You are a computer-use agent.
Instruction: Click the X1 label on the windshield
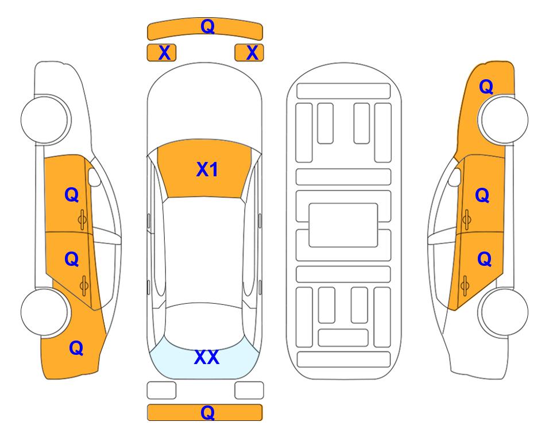click(207, 169)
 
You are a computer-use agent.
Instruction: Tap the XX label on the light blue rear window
click(207, 357)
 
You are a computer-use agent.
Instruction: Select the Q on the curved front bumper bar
click(207, 26)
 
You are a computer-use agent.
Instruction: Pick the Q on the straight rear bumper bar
click(207, 412)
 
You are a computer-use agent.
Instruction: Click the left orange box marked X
click(161, 53)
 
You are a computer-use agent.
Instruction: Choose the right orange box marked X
click(249, 53)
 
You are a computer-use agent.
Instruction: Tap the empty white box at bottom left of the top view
click(161, 390)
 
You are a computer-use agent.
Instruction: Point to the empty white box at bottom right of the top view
click(249, 390)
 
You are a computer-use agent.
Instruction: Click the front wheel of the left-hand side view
click(45, 119)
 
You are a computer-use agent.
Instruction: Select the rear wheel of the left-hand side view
click(45, 312)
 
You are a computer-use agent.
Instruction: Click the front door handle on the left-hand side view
click(83, 219)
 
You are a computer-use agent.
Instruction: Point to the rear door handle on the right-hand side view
click(465, 285)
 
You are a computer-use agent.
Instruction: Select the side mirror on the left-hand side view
click(94, 177)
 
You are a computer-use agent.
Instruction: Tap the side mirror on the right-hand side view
click(455, 177)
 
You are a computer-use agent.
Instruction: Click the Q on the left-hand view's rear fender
click(76, 348)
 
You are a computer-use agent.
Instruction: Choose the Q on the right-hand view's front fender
click(486, 87)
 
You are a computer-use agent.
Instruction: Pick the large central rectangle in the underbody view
click(343, 225)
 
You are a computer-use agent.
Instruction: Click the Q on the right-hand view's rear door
click(484, 260)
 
